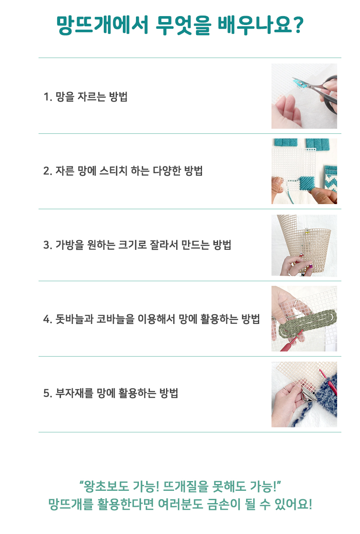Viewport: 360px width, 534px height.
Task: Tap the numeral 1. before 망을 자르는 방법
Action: [x=48, y=97]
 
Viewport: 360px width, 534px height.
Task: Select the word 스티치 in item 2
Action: [x=113, y=171]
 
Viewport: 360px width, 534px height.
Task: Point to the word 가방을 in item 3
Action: [x=69, y=245]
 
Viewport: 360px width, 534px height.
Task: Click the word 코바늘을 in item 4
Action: [x=115, y=319]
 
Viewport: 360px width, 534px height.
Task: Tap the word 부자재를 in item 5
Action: [x=74, y=393]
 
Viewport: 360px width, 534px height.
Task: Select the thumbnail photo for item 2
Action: [x=304, y=171]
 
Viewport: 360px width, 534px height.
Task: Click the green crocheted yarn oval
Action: [x=308, y=323]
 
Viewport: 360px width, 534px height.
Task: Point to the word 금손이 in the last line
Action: [x=223, y=505]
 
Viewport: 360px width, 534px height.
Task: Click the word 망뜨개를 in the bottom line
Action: [x=71, y=505]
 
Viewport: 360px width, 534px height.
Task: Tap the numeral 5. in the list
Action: [x=48, y=393]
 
